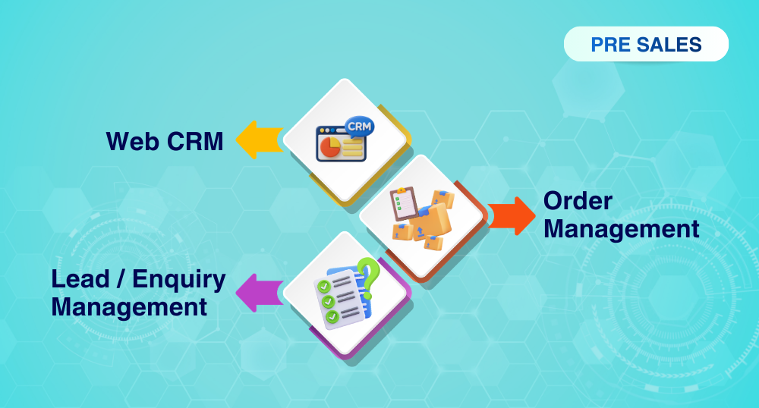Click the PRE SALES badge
click(x=646, y=45)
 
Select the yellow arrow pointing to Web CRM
click(x=257, y=140)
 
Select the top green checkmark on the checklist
click(x=323, y=287)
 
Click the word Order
click(x=578, y=202)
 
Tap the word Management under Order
click(x=621, y=228)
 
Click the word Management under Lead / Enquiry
click(x=129, y=306)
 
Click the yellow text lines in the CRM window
click(x=352, y=147)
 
